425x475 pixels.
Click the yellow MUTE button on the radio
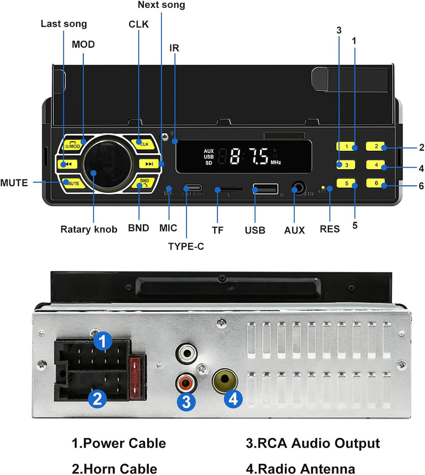[x=73, y=183]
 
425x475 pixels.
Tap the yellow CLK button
[x=144, y=143]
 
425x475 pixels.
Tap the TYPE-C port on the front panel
[x=192, y=188]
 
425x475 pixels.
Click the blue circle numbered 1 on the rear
[x=103, y=340]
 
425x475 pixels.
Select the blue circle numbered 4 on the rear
[x=234, y=399]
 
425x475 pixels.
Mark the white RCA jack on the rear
[x=186, y=353]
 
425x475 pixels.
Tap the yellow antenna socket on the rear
[x=223, y=379]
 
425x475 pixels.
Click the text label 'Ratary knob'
[x=88, y=230]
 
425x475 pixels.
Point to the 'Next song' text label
[x=161, y=5]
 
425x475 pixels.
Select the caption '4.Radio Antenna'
[x=301, y=468]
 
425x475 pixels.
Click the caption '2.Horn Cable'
[x=114, y=468]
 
